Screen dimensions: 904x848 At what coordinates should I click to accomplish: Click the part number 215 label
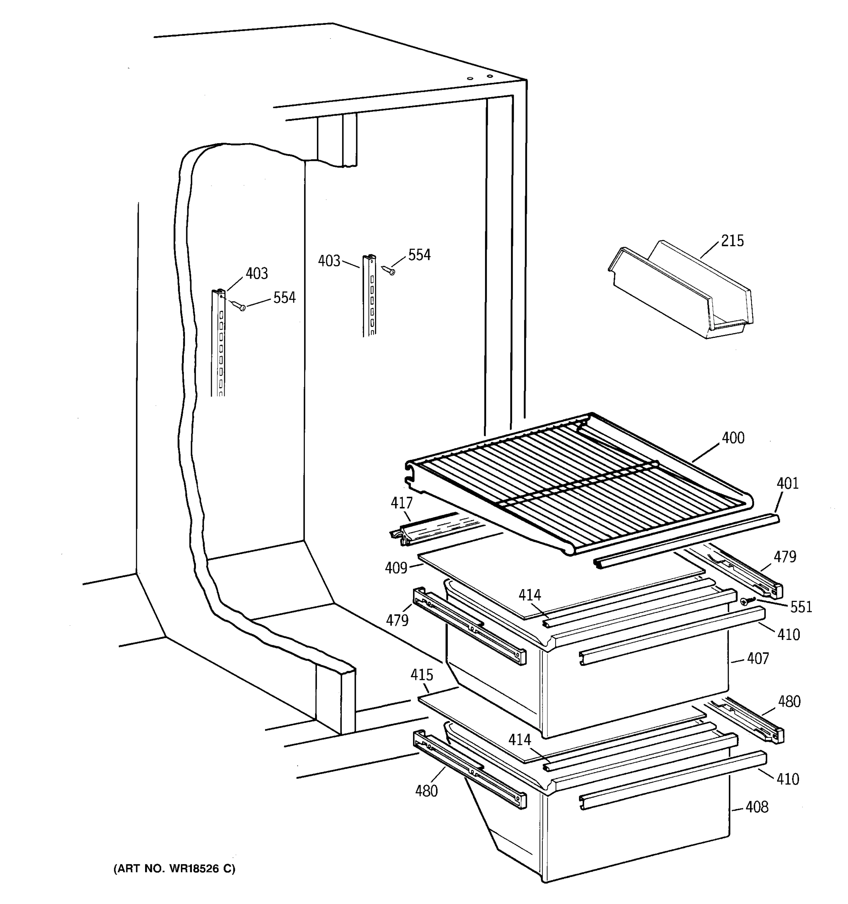click(732, 241)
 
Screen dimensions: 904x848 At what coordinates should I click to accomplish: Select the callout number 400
click(733, 438)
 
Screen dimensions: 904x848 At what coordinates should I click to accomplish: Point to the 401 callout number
click(787, 483)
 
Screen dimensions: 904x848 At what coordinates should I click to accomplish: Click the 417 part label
click(402, 502)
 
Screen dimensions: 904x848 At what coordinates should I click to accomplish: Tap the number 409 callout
click(396, 568)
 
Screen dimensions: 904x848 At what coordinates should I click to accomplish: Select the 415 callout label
click(422, 675)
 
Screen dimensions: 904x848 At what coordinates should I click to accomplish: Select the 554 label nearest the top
click(419, 255)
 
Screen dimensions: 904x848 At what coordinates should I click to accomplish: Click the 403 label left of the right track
click(329, 261)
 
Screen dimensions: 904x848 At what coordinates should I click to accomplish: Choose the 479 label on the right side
click(785, 557)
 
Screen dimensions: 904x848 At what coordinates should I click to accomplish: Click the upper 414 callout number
click(530, 595)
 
